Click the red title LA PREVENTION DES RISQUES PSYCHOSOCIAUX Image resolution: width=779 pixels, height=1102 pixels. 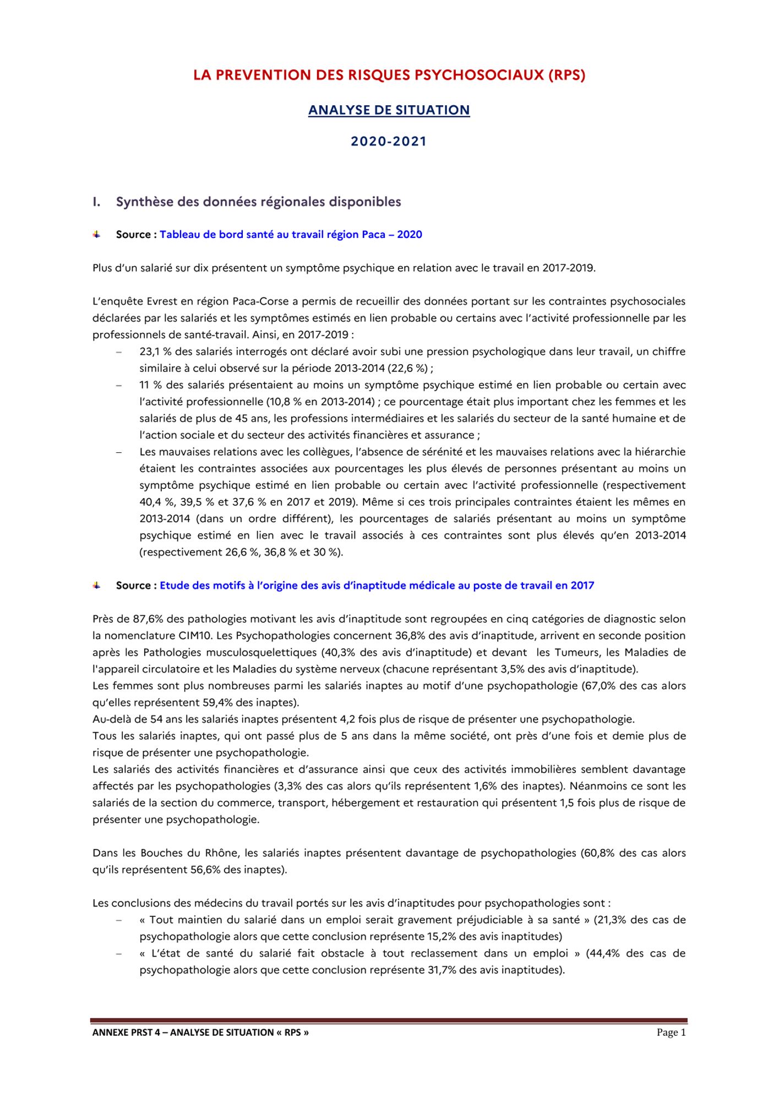click(389, 75)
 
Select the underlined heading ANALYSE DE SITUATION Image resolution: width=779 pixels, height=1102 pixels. click(389, 110)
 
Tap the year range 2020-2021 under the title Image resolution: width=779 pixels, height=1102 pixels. click(389, 142)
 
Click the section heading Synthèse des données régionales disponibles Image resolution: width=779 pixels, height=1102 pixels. click(258, 202)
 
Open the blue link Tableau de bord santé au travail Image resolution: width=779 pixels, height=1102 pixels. click(291, 235)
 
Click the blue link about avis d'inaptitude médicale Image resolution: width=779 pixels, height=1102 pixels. click(377, 586)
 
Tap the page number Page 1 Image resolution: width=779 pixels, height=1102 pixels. click(671, 1033)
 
